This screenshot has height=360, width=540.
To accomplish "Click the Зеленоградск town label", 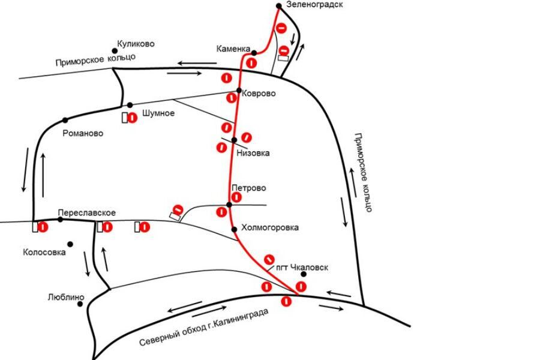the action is pos(314,5).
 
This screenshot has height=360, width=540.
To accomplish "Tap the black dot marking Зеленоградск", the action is pos(279,6).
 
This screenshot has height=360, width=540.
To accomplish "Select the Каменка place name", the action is pos(233,49).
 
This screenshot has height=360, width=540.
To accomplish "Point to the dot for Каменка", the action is pos(254,53).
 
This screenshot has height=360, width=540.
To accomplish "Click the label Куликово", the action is pos(136,44).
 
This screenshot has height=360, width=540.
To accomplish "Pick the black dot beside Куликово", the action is pos(115,51).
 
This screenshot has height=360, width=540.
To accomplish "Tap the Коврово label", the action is pos(259,94).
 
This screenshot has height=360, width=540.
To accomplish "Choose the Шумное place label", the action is pos(158,113).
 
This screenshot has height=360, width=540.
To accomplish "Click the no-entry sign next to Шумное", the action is pos(132,118).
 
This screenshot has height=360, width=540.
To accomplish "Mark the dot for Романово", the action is pos(65,120).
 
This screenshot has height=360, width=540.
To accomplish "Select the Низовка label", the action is pos(253,153).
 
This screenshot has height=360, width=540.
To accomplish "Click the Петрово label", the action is pos(249,188).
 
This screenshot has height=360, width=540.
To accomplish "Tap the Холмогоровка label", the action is pos(270,228).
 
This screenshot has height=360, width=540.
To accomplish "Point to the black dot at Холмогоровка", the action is pos(234,229).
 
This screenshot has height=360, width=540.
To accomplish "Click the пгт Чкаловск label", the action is pos(302,268).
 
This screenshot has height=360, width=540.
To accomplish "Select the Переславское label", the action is pos(87,213).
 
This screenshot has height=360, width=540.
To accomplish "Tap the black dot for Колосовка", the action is pos(70,244).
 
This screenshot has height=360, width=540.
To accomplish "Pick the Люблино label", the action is pos(66,297).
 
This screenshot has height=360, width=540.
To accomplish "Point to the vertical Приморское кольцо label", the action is pos(363,172).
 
